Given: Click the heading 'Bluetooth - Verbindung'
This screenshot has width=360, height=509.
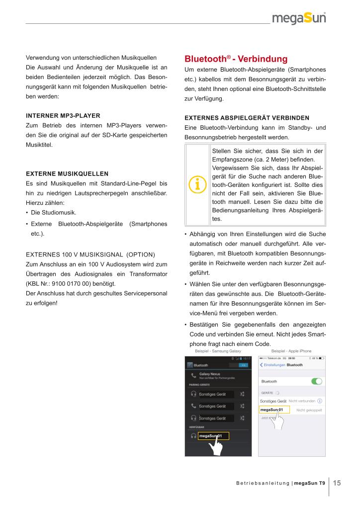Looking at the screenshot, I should [x=236, y=59].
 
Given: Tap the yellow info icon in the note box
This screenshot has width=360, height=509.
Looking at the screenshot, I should [x=197, y=184].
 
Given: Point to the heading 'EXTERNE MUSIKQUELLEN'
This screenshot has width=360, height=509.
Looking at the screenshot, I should [x=67, y=174].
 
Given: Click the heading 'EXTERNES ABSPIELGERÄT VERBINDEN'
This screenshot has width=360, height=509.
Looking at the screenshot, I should [x=247, y=118].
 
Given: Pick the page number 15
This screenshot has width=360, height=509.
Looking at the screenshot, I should [x=337, y=483].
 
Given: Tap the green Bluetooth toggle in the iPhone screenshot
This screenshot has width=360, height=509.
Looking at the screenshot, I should [x=316, y=381].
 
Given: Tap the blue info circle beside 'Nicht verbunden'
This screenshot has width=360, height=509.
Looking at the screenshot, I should [x=320, y=401].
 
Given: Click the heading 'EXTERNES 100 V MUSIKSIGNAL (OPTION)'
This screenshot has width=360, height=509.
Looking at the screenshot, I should [x=91, y=254].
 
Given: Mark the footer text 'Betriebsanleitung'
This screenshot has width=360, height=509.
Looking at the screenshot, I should [x=263, y=483].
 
